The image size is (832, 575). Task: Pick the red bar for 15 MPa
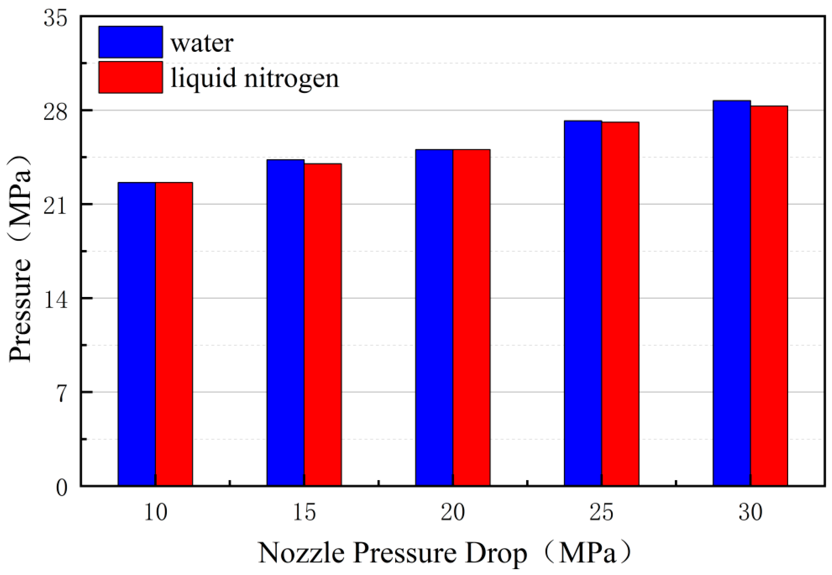[x=323, y=324]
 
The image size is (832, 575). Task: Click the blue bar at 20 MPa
[x=434, y=317]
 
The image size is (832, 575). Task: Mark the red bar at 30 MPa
[x=769, y=295]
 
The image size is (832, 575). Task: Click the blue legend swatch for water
[x=131, y=42]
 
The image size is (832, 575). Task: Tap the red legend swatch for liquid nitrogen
[x=131, y=77]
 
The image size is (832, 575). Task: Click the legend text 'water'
[x=202, y=43]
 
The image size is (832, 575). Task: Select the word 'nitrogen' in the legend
[x=291, y=78]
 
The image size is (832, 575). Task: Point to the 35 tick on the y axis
[x=56, y=18]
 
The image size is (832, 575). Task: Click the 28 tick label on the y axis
[x=56, y=112]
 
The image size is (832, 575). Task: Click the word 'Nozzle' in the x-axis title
[x=301, y=553]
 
